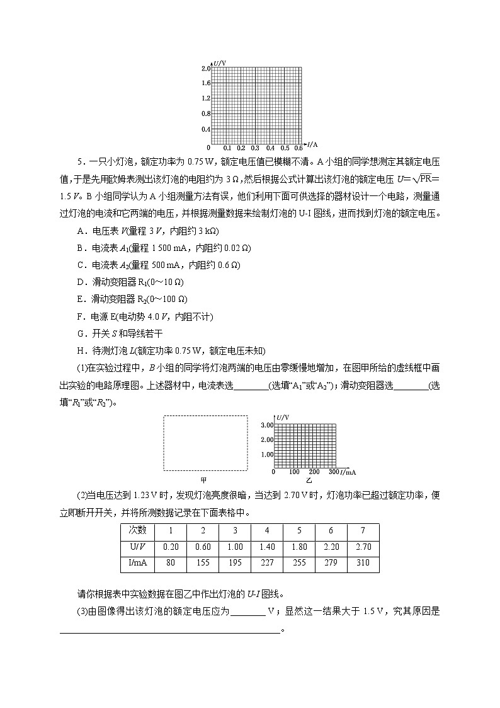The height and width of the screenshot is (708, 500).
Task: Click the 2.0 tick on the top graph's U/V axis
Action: click(x=205, y=68)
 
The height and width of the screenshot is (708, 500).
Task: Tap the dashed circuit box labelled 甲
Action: click(x=206, y=442)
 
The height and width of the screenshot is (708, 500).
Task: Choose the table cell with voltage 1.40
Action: click(x=267, y=547)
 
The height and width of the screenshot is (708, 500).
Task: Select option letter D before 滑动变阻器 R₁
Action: click(x=79, y=282)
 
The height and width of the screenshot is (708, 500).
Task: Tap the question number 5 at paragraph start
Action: click(x=80, y=162)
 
